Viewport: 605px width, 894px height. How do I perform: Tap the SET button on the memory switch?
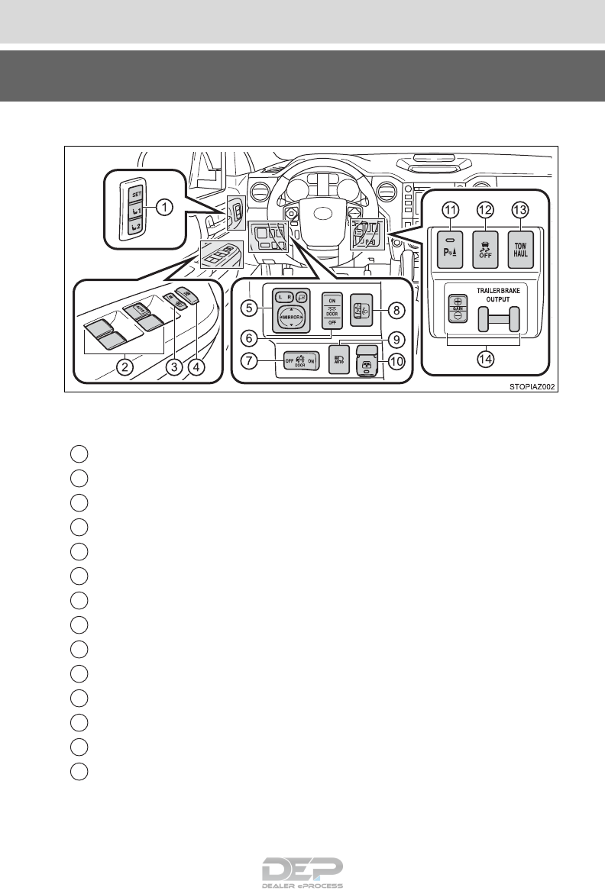point(135,192)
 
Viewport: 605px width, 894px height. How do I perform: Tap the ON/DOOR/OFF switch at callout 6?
point(330,311)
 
